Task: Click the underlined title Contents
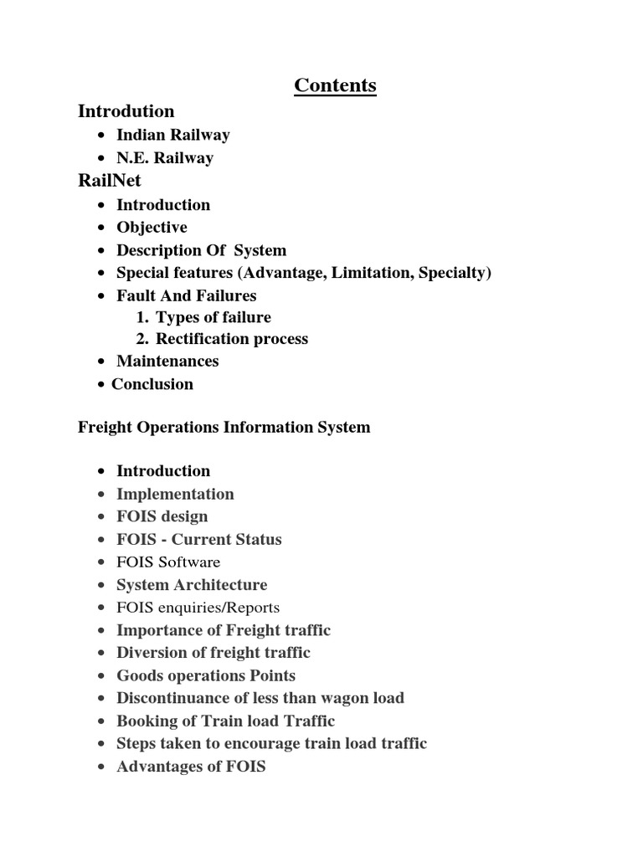pos(335,85)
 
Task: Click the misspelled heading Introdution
pos(126,111)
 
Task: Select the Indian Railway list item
pos(172,135)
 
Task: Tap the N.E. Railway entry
pos(164,158)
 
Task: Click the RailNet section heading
pos(110,181)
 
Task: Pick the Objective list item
pos(152,228)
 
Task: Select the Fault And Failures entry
pos(186,295)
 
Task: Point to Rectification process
pos(231,339)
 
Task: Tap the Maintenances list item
pos(167,362)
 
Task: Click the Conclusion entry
pos(152,384)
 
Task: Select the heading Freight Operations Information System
pos(224,428)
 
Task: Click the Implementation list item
pos(175,494)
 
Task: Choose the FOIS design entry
pos(162,516)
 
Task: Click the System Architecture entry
pos(192,585)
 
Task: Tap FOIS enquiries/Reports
pos(198,608)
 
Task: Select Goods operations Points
pos(205,675)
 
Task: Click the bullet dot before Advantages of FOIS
pos(101,767)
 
